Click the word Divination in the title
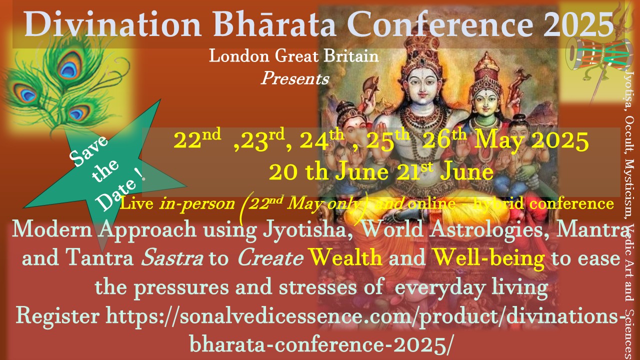[x=112, y=24]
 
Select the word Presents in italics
[x=295, y=78]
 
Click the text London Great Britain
[x=294, y=55]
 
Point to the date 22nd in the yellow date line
[x=197, y=139]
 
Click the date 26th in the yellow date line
[x=444, y=139]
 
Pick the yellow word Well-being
[x=489, y=258]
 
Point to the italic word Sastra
[x=172, y=257]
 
